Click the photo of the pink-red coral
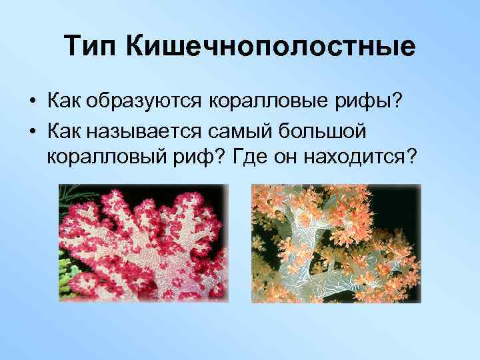(x=143, y=243)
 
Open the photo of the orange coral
(x=336, y=243)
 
